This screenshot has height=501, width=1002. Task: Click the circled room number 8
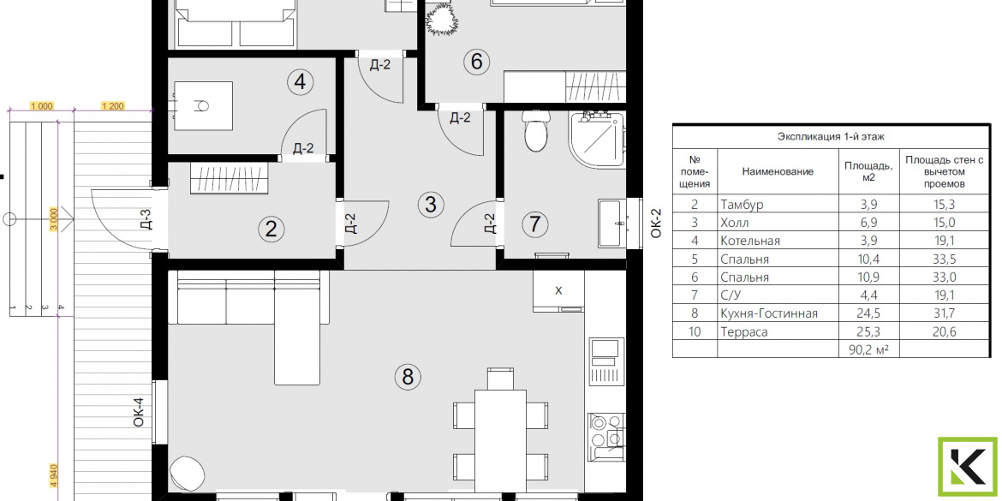408,376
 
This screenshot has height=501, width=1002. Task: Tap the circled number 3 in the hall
430,205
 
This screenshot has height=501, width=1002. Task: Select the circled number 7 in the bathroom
535,224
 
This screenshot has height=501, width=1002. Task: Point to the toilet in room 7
535,129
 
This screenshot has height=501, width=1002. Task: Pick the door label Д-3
146,220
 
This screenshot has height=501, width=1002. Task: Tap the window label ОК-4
139,412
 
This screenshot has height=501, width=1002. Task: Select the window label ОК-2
656,224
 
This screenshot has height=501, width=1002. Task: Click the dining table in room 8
500,433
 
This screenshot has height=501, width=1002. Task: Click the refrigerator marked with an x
558,291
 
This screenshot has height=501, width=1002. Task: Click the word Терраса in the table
744,331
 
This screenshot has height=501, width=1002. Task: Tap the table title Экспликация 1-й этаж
830,136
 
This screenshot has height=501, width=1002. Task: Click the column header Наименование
778,171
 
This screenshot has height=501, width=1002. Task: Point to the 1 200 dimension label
112,106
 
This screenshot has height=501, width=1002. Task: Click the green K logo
967,467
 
